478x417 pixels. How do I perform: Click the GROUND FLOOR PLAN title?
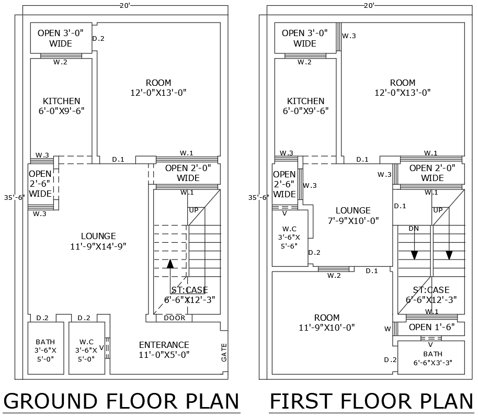[x=121, y=401]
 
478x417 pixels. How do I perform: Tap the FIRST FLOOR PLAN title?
[x=371, y=401]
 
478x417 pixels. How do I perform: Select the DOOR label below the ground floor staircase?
[x=174, y=318]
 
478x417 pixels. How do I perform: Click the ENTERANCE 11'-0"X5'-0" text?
[x=164, y=350]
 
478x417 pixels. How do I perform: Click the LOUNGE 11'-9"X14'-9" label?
[x=98, y=241]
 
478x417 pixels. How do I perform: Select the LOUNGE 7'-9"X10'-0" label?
[x=353, y=216]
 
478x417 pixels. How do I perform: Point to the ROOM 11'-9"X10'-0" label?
[x=327, y=323]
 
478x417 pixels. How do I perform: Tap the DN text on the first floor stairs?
[x=413, y=229]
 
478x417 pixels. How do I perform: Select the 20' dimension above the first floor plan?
[x=369, y=5]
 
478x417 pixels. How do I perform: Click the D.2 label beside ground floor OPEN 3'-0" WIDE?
[x=98, y=39]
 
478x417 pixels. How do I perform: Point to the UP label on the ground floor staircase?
[x=194, y=210]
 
